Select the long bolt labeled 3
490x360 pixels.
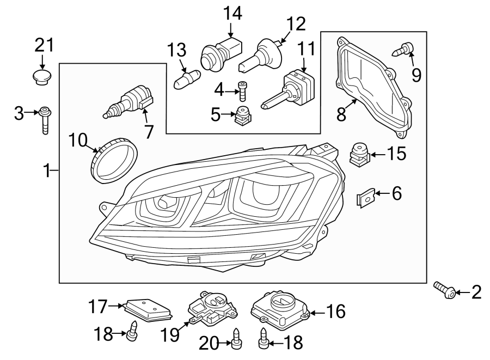point(45,120)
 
